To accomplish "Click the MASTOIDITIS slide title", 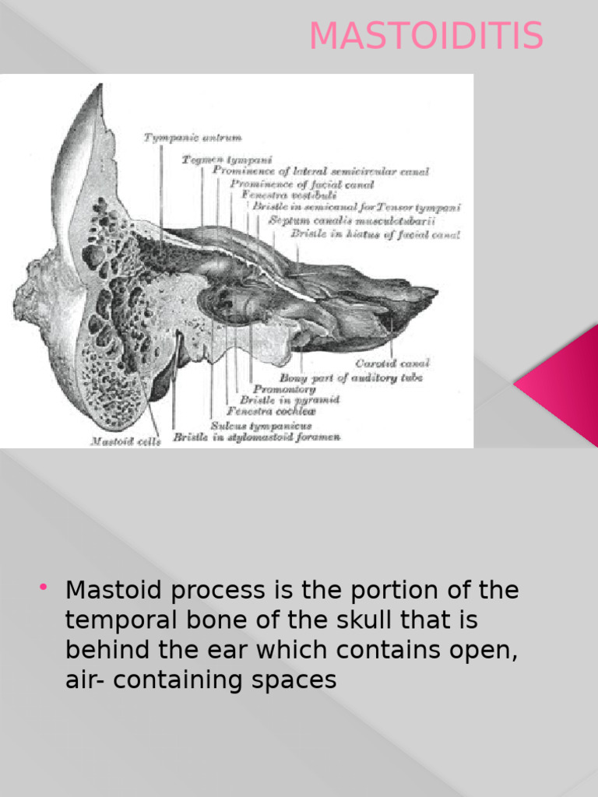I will [x=426, y=37].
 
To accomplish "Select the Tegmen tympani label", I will [x=227, y=159].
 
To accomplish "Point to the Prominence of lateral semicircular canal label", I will [x=320, y=171].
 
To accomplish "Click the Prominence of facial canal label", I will [x=301, y=184].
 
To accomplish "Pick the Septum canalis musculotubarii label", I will [x=351, y=220].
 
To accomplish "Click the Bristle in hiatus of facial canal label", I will [x=375, y=233].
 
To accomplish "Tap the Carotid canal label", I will [x=392, y=363].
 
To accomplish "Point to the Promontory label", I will [x=283, y=388].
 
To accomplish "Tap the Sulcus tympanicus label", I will [x=261, y=425].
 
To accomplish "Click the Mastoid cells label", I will [x=125, y=441].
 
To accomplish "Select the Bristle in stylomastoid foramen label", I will [x=256, y=437].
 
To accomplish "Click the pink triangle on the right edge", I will [x=565, y=381].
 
